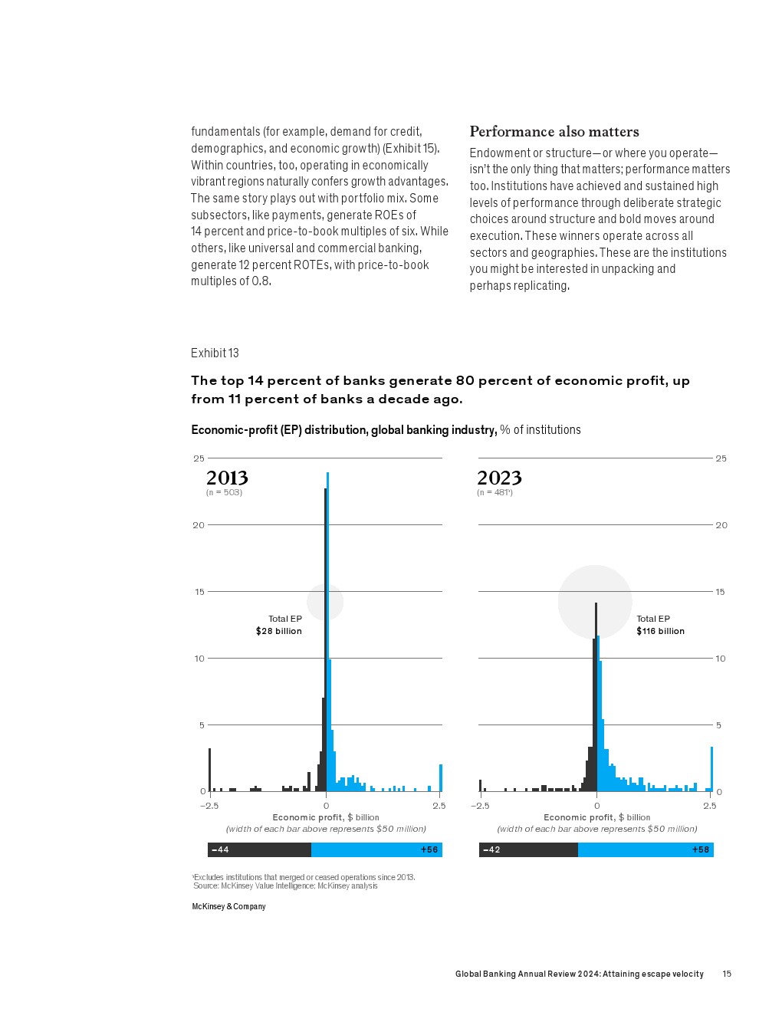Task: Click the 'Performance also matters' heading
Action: [x=554, y=132]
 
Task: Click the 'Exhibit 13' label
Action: [x=215, y=353]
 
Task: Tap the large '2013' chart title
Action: [x=227, y=478]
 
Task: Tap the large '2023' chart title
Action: [x=499, y=478]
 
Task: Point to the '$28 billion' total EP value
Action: [x=278, y=631]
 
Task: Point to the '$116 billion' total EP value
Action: [x=660, y=631]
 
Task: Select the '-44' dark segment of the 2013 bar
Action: [x=259, y=849]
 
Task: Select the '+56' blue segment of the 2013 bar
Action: [x=376, y=849]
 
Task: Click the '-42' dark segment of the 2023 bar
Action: [x=528, y=849]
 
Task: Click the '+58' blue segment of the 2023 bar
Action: [x=646, y=849]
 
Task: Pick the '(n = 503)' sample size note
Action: [x=224, y=492]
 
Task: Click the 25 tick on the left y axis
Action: [x=199, y=458]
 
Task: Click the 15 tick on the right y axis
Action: [x=721, y=592]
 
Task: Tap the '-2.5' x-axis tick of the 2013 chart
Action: [x=209, y=806]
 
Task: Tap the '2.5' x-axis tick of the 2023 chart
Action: [x=710, y=806]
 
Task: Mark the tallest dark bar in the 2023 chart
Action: [x=596, y=698]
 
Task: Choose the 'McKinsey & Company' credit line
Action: [x=228, y=906]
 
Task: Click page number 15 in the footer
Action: [x=727, y=974]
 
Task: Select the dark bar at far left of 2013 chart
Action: [x=209, y=770]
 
